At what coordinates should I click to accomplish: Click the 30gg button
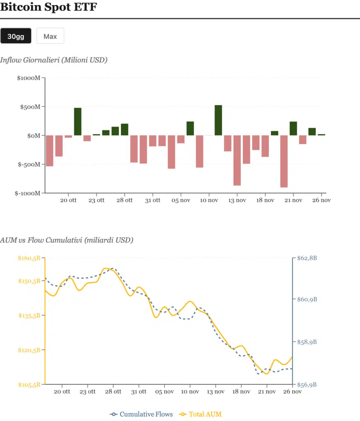pos(16,36)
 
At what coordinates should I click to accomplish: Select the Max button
pos(50,36)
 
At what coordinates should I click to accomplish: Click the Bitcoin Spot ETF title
pos(48,7)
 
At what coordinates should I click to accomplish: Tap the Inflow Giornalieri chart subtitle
pos(53,60)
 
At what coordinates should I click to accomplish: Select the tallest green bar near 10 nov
pos(218,120)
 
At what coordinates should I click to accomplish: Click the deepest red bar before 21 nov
pos(284,161)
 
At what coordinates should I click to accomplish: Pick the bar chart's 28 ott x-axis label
pos(125,200)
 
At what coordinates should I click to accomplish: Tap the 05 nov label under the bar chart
pos(181,200)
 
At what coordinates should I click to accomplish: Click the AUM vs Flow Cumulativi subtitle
pos(67,240)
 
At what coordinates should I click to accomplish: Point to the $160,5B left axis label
pos(29,258)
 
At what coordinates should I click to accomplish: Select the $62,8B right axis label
pos(307,258)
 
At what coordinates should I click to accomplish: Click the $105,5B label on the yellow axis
pos(29,385)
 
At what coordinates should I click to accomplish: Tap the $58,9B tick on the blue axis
pos(307,342)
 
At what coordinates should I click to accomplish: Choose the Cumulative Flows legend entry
pos(142,414)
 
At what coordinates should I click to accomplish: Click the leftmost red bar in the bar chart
pos(49,150)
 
